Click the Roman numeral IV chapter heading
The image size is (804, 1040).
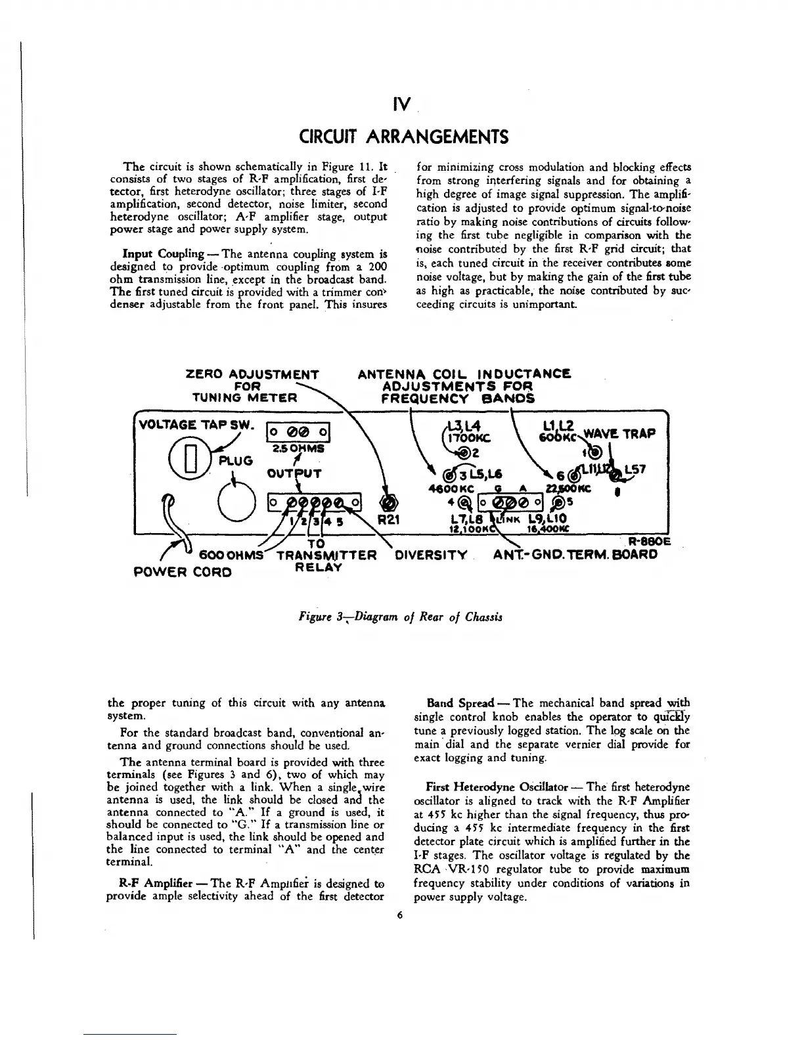pyautogui.click(x=402, y=104)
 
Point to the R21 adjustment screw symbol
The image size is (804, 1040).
pyautogui.click(x=389, y=502)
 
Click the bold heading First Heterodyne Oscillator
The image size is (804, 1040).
pyautogui.click(x=499, y=787)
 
